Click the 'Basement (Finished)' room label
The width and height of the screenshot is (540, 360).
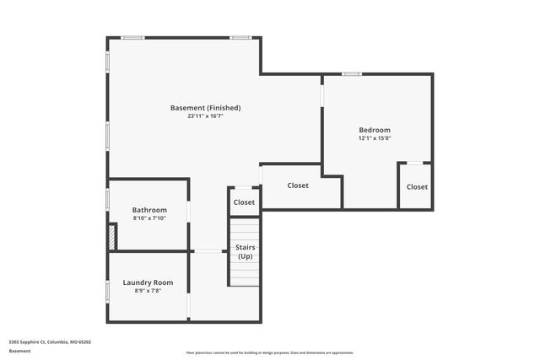(x=205, y=108)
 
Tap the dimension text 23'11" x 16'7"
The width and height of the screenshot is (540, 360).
(x=205, y=116)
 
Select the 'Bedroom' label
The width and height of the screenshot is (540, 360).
(x=374, y=130)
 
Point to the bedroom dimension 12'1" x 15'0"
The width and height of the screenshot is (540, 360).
(x=374, y=138)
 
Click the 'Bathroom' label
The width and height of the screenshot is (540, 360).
(x=149, y=210)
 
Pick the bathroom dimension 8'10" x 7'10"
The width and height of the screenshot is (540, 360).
(x=149, y=218)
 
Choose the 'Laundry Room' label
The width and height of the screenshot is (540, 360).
(x=148, y=282)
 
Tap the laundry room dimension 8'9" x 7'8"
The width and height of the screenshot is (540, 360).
(x=148, y=291)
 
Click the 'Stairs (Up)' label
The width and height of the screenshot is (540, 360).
(x=245, y=251)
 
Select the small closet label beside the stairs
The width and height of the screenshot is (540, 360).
(x=244, y=202)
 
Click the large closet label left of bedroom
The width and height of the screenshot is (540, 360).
(x=298, y=185)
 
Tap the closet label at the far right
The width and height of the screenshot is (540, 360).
(x=417, y=186)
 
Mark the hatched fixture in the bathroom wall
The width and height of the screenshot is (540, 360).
(x=111, y=237)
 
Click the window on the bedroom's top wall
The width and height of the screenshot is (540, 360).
(x=352, y=74)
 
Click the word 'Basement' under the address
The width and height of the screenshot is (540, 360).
(x=19, y=351)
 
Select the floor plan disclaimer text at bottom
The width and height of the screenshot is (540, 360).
(x=270, y=352)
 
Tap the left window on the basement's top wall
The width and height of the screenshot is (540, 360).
(x=132, y=37)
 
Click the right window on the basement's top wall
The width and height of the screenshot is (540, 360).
(x=240, y=37)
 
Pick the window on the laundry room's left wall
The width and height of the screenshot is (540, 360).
(x=107, y=291)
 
